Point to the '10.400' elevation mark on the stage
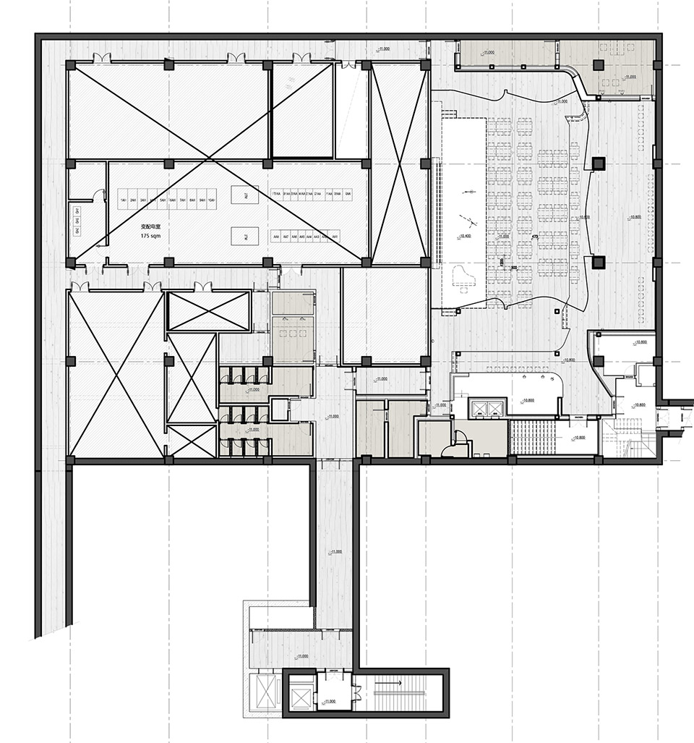pyautogui.click(x=465, y=237)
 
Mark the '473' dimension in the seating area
pyautogui.click(x=535, y=237)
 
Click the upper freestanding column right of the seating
pyautogui.click(x=598, y=164)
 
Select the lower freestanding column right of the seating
pyautogui.click(x=598, y=261)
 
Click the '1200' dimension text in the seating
pyautogui.click(x=500, y=261)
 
